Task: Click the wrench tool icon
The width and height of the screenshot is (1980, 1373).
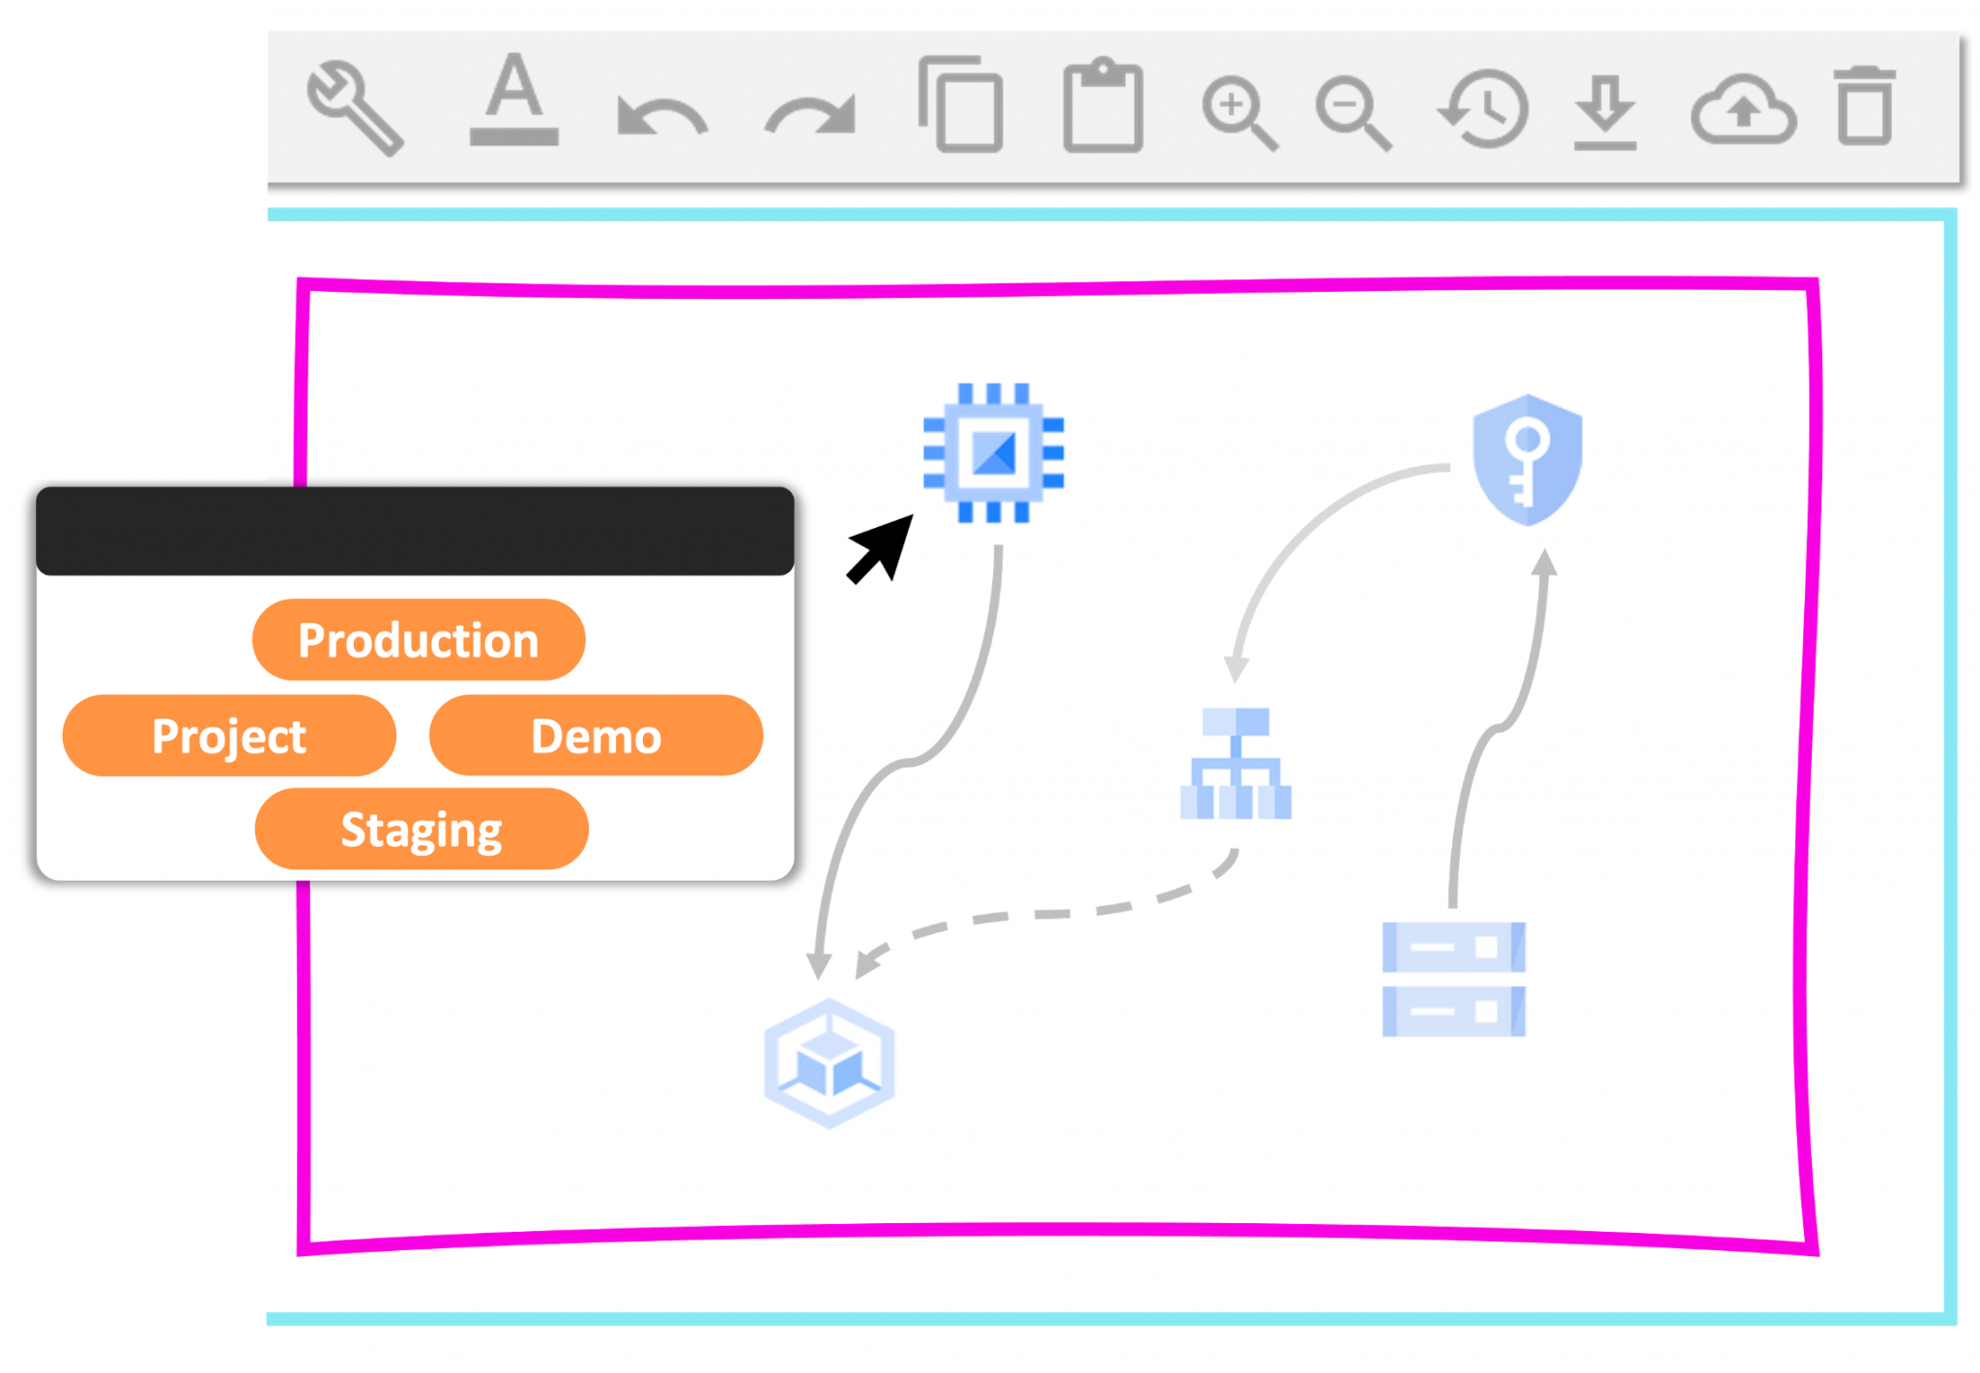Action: point(354,106)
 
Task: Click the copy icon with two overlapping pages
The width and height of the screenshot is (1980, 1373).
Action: point(960,104)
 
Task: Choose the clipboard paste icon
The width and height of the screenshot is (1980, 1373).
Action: point(1102,106)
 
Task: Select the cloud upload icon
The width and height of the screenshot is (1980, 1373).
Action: point(1743,110)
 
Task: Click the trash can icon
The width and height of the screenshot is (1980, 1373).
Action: point(1864,106)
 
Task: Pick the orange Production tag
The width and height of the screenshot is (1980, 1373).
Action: point(418,640)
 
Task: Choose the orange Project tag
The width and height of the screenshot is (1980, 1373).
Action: point(229,736)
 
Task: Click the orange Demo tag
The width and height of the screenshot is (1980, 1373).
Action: point(596,736)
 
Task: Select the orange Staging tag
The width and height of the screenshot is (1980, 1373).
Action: point(422,830)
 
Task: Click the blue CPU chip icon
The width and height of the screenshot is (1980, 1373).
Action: point(994,453)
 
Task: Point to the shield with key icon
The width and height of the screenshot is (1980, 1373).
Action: point(1527,460)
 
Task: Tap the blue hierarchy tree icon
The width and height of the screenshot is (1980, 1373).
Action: point(1236,763)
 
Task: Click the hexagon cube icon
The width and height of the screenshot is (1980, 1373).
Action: point(830,1064)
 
